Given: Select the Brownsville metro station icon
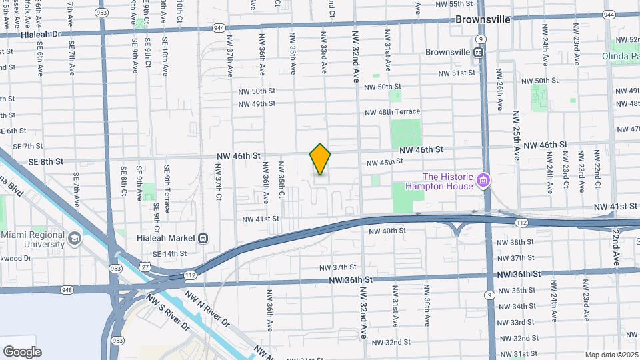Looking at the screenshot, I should click(479, 51).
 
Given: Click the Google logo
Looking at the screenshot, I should click(22, 352).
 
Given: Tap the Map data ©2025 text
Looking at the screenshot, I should click(611, 355).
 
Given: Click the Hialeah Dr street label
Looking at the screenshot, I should click(41, 33).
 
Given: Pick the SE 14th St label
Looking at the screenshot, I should click(169, 254).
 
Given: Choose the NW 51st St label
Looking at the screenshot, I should click(457, 73).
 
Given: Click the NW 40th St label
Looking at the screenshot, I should click(387, 231).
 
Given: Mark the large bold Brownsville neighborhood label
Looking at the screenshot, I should click(483, 19).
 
